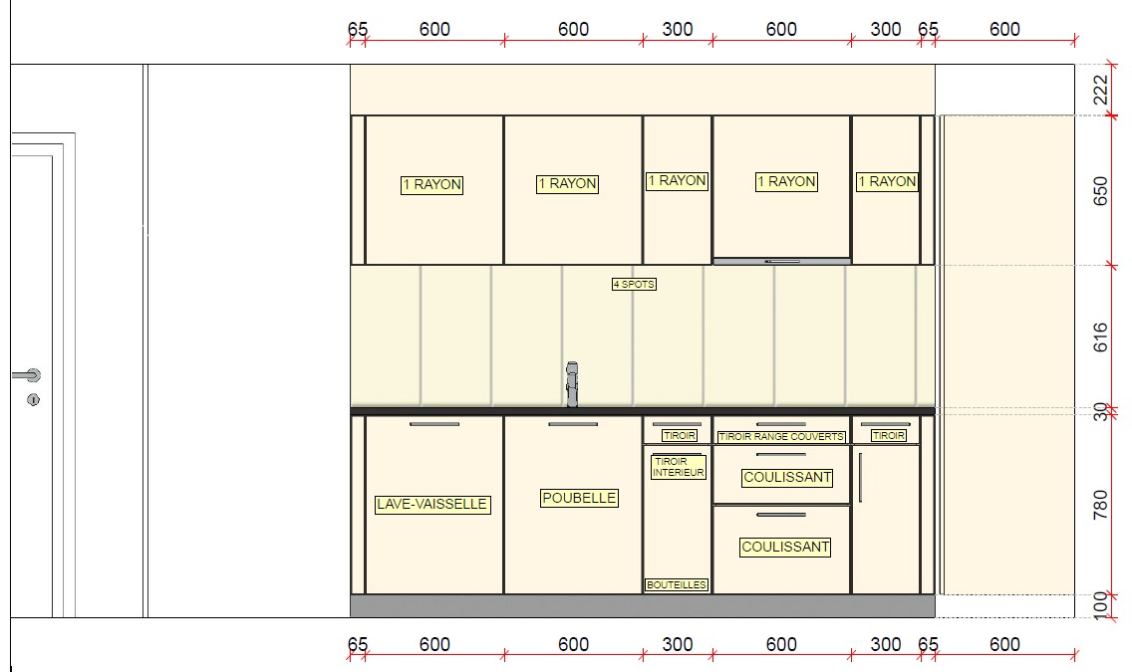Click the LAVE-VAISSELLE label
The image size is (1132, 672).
432,504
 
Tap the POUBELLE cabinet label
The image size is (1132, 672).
579,498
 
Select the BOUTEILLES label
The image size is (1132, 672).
677,584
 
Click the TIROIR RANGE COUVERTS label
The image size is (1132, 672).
781,436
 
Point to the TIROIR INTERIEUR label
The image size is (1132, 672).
678,467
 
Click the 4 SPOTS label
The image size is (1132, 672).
634,284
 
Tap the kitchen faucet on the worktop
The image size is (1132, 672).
572,384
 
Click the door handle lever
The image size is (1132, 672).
27,375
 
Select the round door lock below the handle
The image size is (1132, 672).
33,399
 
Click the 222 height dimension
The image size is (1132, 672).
1100,90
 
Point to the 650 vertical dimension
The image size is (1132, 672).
1100,191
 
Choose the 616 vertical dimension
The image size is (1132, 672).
1100,336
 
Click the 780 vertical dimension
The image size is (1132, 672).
1100,505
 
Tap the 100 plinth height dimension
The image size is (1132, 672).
1100,605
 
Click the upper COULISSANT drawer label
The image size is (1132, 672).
787,477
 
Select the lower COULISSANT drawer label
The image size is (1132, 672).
785,548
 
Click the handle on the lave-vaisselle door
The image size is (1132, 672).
433,424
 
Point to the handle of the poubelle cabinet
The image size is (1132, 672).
573,424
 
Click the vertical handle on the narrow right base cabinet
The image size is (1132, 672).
860,477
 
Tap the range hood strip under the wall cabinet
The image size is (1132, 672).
782,261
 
